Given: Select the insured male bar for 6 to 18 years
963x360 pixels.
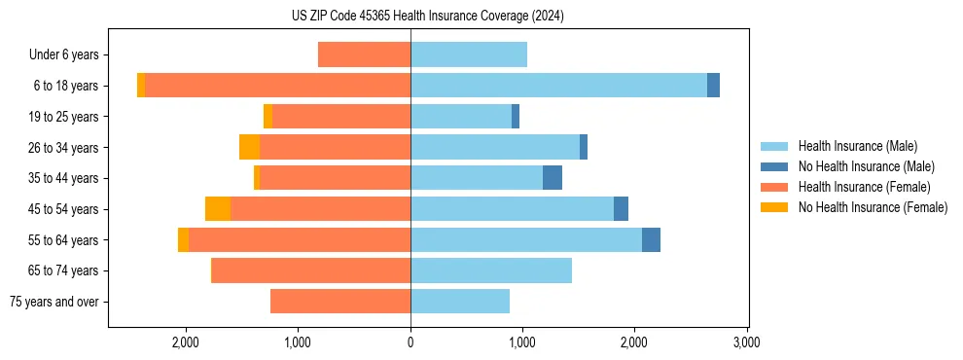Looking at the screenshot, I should pos(558,86).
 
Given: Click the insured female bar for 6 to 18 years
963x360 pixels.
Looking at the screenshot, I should pos(277,86).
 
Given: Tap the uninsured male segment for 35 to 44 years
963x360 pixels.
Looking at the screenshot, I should pos(552,178).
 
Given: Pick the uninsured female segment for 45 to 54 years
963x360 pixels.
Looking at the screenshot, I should pos(218,209).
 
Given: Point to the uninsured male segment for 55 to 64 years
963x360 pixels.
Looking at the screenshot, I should pos(651,240).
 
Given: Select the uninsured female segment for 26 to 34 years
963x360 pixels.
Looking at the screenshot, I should pos(249,148).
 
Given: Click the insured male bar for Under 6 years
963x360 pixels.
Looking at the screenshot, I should pos(469,54).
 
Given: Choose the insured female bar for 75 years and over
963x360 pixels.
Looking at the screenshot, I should pos(340,302).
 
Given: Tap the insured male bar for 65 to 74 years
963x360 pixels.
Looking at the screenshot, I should pos(491,270).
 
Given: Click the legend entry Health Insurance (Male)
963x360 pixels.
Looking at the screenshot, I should pos(857,146).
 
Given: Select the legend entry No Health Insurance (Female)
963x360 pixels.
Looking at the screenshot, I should pos(873,207).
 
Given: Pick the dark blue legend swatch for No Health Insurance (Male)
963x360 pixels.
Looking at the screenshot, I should pos(774,166).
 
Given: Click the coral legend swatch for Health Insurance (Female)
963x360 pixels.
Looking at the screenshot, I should pos(774,187).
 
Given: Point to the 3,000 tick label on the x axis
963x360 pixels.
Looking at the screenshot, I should pos(746,342).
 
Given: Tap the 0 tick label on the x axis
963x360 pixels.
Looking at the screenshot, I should pos(410,342).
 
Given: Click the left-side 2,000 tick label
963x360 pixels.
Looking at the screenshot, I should pos(185,342).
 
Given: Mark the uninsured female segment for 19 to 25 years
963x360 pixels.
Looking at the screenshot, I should pos(267,117).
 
